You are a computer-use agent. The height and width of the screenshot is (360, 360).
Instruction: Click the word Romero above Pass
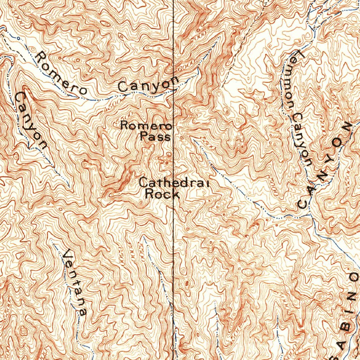146,126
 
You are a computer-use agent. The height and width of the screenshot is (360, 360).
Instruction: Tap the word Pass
155,136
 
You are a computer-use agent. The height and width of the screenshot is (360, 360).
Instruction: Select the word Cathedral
174,183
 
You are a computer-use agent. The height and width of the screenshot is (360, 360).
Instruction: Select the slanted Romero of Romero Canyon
61,73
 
